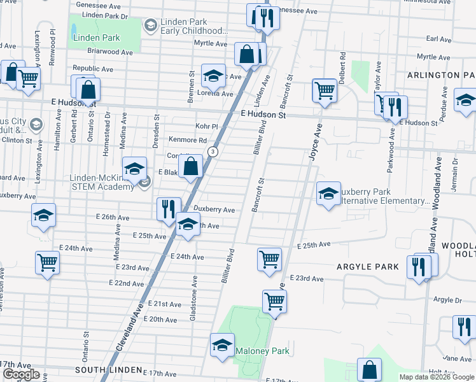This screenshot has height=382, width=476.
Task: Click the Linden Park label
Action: coord(96,38)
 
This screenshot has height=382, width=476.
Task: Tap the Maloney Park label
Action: coord(262,351)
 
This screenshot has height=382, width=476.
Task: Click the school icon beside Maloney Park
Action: coord(222,346)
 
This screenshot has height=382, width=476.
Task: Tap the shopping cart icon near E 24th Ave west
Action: coord(48,262)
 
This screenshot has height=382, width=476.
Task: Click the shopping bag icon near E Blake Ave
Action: coord(191,167)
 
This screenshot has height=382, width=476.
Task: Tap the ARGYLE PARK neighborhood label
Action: coord(368,266)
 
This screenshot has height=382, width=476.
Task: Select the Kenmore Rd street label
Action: coord(188,140)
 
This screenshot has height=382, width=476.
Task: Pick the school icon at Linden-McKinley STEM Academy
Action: coord(134,169)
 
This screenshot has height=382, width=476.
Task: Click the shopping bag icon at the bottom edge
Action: coord(369,369)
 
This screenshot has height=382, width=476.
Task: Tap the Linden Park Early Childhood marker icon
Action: coord(151,25)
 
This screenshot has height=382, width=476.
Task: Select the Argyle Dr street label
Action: coord(451,300)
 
